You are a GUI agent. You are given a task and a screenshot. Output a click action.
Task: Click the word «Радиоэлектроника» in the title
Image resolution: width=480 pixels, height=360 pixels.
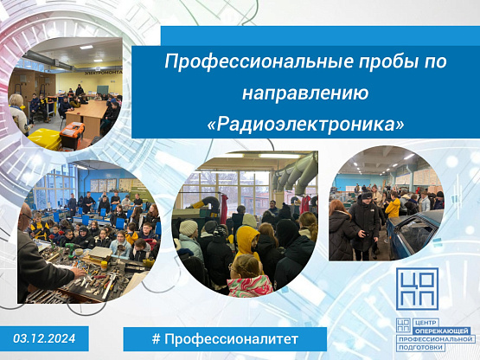(305, 124)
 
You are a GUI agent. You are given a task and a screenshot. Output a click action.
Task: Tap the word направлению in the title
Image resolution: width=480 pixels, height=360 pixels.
(305, 93)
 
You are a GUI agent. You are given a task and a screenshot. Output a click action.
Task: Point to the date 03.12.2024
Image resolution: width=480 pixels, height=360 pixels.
(44, 338)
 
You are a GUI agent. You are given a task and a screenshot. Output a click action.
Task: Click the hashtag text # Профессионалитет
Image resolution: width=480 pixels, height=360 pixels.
(225, 339)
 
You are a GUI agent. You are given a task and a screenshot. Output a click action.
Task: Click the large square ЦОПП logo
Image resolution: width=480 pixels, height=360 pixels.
(417, 289)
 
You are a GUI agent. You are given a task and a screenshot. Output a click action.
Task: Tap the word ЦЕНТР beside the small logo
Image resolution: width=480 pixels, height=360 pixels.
(426, 323)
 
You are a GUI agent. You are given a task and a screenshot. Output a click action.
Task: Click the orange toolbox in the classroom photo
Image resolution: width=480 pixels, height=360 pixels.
(73, 135)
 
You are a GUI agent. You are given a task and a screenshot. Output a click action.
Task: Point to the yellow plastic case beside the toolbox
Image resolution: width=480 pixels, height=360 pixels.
(45, 138)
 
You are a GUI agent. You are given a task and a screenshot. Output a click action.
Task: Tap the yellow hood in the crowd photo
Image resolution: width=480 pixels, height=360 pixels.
(247, 238)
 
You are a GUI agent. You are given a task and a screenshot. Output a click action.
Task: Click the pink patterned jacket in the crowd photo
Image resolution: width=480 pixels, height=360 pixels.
(250, 286)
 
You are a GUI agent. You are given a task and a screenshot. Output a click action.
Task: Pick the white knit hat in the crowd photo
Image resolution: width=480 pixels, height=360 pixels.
(189, 228)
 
